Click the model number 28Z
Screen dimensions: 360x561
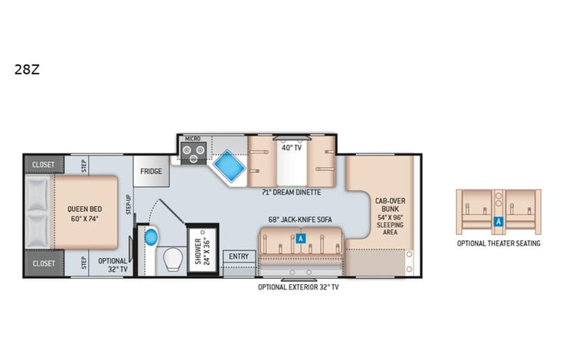(21, 69)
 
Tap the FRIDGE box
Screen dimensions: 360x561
(150, 171)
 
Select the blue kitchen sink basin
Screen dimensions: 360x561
(227, 167)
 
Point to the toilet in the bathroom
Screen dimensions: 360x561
(173, 261)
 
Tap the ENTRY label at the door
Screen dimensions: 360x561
(238, 256)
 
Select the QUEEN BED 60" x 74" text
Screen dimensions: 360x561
(84, 213)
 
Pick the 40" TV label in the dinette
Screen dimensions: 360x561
(290, 147)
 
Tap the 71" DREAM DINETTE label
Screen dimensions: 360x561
(291, 192)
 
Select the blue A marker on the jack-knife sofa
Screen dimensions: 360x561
(300, 239)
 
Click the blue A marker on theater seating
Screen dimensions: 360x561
(499, 221)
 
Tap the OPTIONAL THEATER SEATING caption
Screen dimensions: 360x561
(499, 243)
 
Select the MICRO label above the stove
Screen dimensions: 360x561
(193, 139)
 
